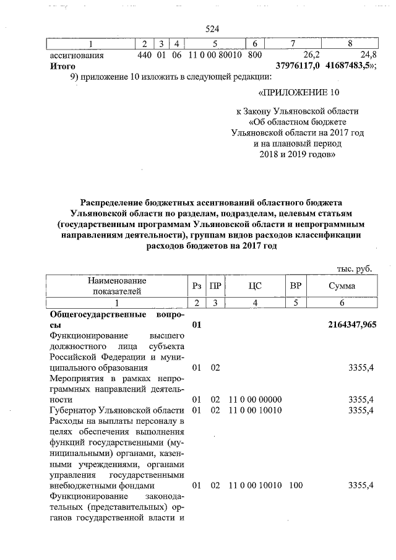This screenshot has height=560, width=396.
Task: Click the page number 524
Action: (212, 29)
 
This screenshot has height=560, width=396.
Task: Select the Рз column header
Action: (197, 286)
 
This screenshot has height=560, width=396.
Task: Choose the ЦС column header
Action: (256, 286)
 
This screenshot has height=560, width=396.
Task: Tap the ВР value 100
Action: (295, 485)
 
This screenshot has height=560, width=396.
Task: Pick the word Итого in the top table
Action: (62, 66)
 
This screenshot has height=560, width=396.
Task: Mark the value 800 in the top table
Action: (254, 55)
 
